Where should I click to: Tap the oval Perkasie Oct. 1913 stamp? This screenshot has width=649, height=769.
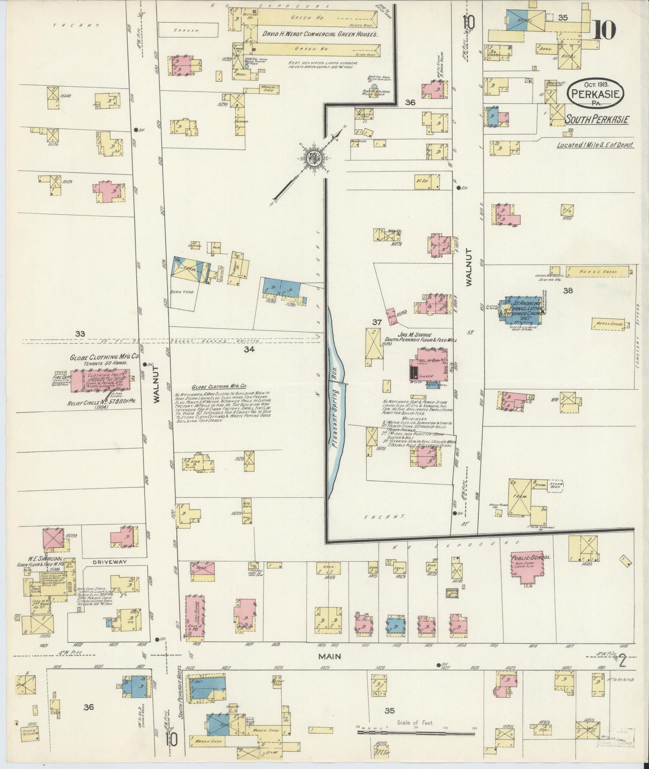pos(596,93)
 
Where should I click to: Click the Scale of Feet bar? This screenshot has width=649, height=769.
pos(415,734)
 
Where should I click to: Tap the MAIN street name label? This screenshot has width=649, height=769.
pos(329,656)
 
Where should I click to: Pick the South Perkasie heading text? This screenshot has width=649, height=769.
pos(597,120)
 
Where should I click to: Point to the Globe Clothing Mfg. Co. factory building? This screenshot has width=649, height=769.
pos(100,380)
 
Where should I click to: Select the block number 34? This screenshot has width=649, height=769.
pos(249,350)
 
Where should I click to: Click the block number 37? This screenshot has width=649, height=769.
pos(376,322)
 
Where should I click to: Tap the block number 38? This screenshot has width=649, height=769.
pos(568,291)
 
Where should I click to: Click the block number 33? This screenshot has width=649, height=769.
pos(80,333)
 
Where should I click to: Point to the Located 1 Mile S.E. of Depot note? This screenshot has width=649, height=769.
pos(595,145)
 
